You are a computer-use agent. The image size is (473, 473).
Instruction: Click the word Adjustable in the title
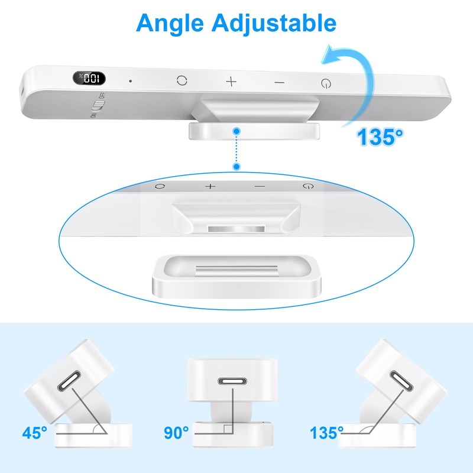tap(274, 24)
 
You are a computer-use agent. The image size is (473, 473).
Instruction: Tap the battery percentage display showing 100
tap(89, 79)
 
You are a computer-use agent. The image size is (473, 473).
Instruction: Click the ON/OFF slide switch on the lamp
tap(99, 105)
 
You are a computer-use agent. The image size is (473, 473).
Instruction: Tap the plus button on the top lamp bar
tap(231, 82)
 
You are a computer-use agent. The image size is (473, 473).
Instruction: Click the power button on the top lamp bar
tap(326, 83)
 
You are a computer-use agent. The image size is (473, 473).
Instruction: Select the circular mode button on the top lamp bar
tap(182, 80)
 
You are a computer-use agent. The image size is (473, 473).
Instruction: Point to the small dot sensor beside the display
tap(130, 81)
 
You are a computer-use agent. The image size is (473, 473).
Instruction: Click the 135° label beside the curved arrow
tap(380, 137)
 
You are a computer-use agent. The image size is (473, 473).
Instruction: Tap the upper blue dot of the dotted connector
tap(237, 131)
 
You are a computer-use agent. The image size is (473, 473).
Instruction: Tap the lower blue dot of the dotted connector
tap(237, 167)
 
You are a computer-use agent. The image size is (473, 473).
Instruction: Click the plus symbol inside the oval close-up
tap(210, 186)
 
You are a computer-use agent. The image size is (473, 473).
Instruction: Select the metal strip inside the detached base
tap(237, 271)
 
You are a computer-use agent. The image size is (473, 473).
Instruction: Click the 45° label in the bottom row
tap(35, 433)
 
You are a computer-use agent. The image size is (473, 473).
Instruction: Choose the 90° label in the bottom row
tap(176, 433)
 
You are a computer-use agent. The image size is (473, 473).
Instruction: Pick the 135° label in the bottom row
tap(327, 433)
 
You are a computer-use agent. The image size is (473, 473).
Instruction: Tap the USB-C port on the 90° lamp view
tap(232, 381)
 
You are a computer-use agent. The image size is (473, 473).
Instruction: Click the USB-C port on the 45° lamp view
tap(69, 381)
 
